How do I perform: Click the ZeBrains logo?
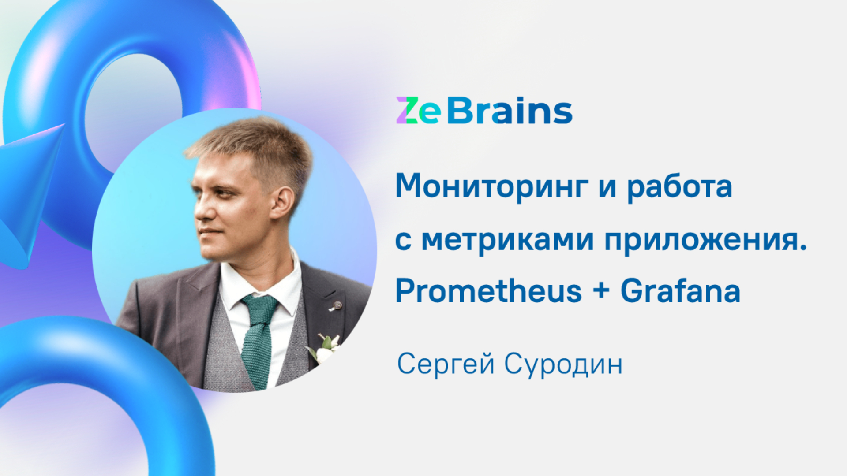click(484, 111)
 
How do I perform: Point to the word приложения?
click(705, 240)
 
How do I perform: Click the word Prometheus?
click(488, 291)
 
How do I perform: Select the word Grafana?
click(680, 291)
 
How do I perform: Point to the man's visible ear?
click(282, 203)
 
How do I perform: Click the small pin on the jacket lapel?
click(337, 305)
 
